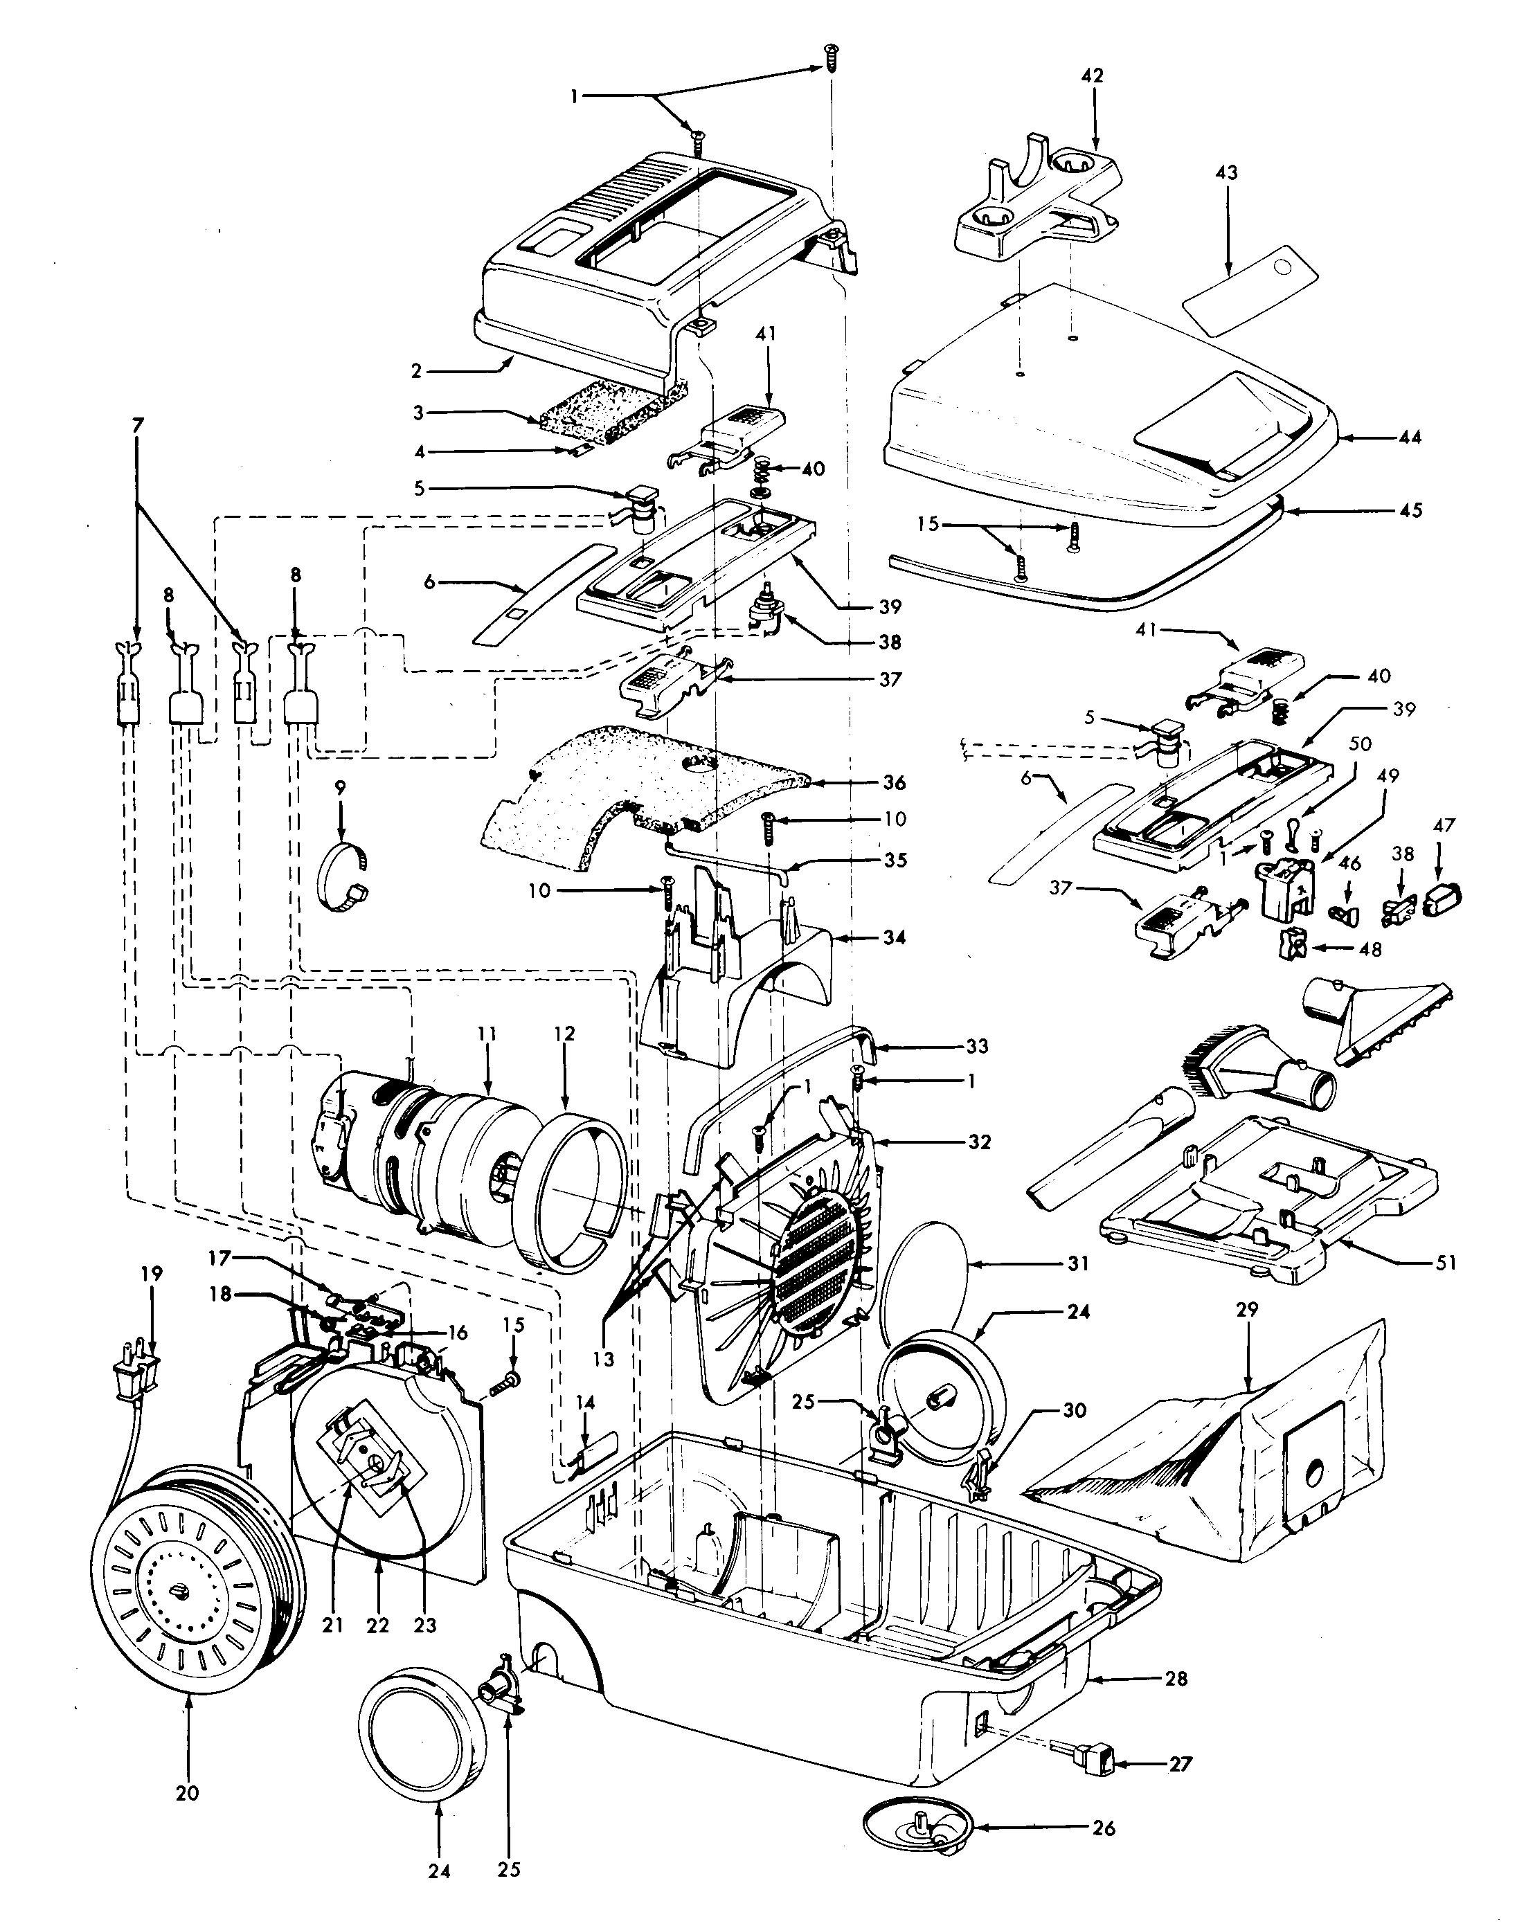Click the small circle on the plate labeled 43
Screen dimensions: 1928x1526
coord(1284,268)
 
